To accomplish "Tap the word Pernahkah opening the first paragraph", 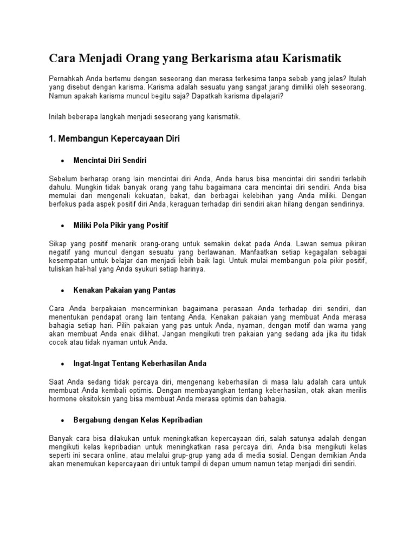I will click(x=66, y=77).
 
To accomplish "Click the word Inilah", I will click(x=58, y=116).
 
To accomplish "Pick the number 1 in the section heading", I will click(x=52, y=139).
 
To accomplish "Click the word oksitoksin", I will click(x=96, y=399).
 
